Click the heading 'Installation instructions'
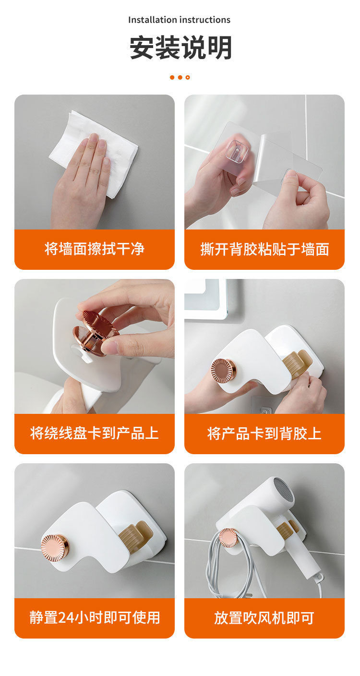point(179,20)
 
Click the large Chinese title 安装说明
point(180,48)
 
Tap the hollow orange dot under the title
point(188,78)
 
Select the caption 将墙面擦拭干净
point(95,249)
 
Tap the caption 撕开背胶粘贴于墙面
point(264,249)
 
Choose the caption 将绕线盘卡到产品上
point(95,433)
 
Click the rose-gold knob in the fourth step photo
point(224,371)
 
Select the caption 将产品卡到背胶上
point(264,434)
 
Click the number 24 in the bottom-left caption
point(65,618)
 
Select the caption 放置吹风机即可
point(264,618)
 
